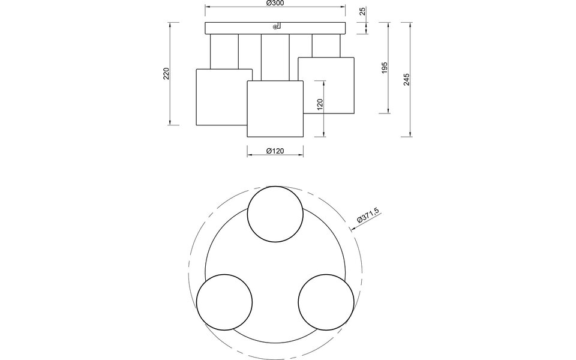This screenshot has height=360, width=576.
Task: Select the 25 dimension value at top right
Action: (362, 11)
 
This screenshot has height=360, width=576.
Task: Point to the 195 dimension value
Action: (385, 68)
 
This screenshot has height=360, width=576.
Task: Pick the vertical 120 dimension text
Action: (320, 106)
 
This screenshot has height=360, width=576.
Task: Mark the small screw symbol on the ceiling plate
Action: (275, 26)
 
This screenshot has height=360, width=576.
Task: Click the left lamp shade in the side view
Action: (221, 97)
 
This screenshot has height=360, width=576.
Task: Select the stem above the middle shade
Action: (276, 58)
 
